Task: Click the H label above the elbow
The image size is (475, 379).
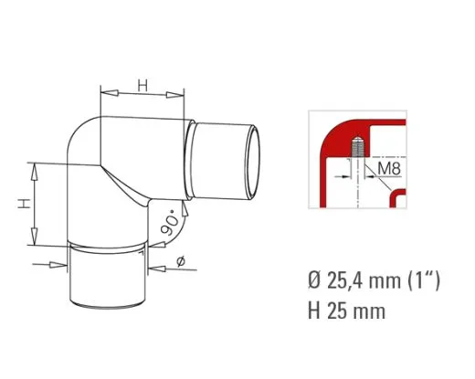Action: tap(143, 85)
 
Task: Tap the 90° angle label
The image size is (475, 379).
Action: tap(169, 222)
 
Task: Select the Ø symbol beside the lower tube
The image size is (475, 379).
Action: tap(179, 262)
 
